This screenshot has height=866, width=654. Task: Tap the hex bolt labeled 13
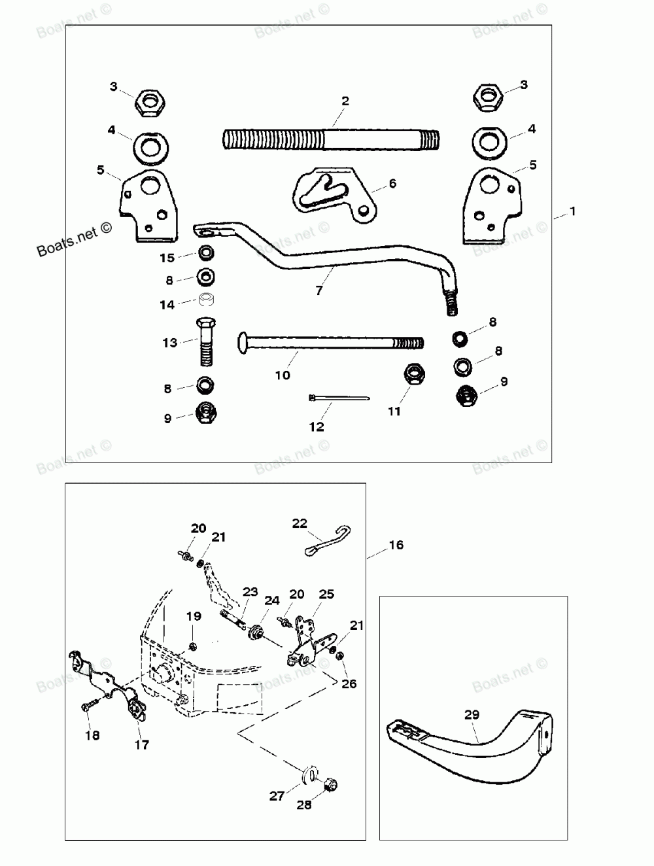pos(204,343)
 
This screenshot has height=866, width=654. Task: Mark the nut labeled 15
pos(207,252)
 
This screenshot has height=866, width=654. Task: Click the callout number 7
pos(318,290)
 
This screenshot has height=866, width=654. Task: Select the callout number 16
pos(396,545)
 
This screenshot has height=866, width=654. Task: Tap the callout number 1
pos(573,212)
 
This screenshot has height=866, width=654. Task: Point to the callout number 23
pos(250,591)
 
